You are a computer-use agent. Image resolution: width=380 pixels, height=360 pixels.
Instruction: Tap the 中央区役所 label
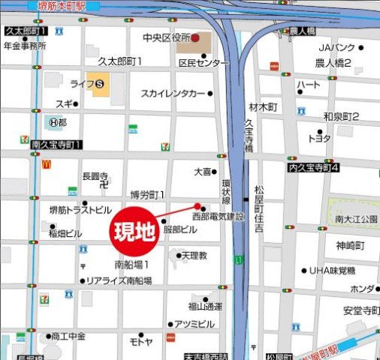click(x=165, y=37)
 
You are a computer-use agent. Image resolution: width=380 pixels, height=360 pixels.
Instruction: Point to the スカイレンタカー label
click(x=173, y=93)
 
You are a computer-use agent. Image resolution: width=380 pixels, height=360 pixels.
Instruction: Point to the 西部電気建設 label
click(x=219, y=216)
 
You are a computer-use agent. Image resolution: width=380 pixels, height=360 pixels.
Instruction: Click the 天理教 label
click(x=194, y=256)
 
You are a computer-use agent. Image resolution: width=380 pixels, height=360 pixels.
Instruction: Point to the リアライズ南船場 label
click(x=119, y=280)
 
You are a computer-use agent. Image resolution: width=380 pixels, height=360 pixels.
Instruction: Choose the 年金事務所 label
click(x=25, y=45)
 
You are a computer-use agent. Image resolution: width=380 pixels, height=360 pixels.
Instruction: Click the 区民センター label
click(x=203, y=64)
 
